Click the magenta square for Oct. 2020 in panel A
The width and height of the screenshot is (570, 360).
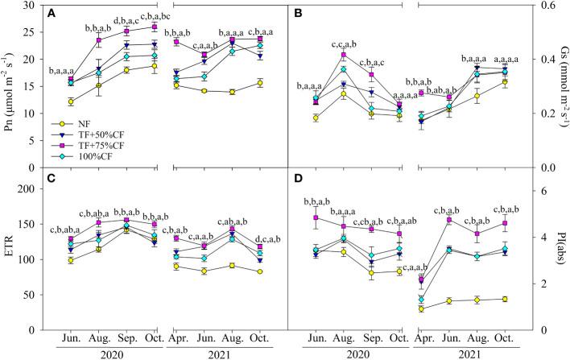pos(154,27)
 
